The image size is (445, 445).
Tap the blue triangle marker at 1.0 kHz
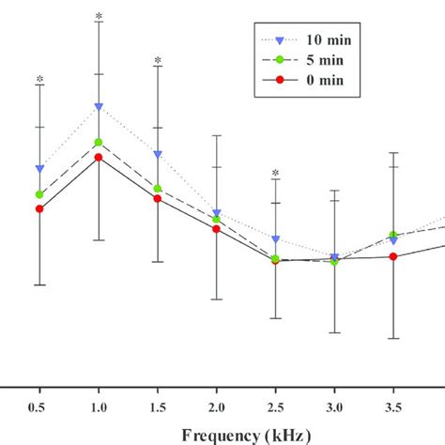[99, 107]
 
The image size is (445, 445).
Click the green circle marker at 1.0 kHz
[99, 143]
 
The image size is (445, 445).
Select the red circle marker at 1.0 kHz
[99, 158]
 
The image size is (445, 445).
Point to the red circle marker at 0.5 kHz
[39, 208]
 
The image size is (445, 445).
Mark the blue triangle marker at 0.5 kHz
[39, 169]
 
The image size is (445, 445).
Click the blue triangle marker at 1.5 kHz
[158, 154]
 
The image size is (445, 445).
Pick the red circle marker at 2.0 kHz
[217, 228]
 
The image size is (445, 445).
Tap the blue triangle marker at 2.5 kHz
[275, 240]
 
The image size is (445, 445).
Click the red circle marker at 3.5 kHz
[393, 256]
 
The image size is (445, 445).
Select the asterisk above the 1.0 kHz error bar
[99, 17]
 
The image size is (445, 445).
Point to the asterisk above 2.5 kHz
[275, 173]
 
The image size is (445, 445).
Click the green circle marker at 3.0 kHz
[334, 260]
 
